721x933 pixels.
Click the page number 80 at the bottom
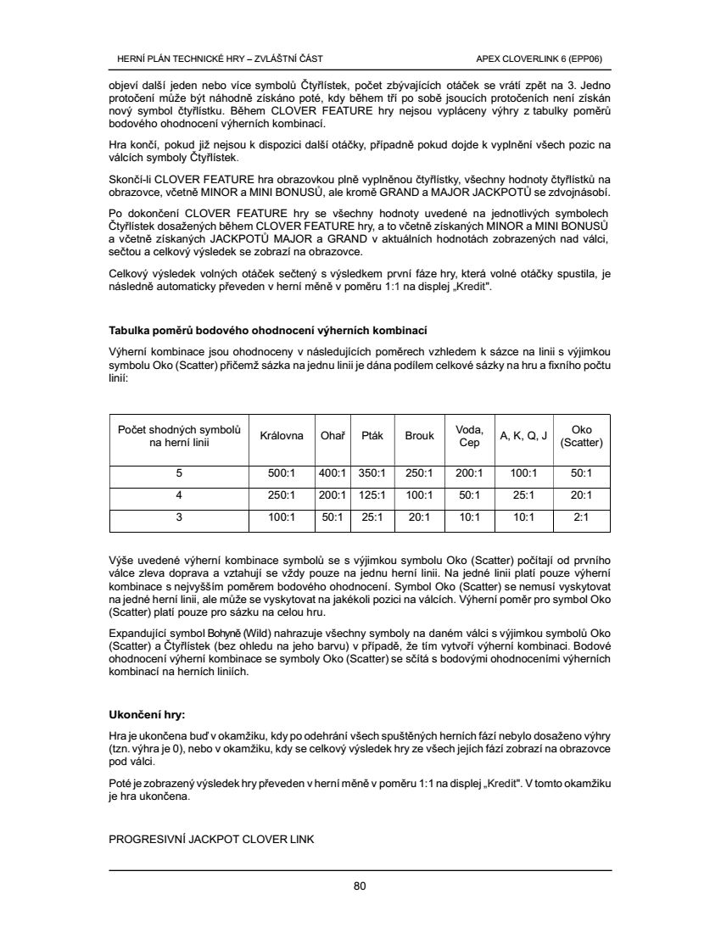click(x=360, y=887)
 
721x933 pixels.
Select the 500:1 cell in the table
click(x=281, y=473)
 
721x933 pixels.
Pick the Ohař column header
click(x=332, y=436)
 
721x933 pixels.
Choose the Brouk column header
click(x=419, y=436)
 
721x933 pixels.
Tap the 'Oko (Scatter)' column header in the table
click(x=582, y=436)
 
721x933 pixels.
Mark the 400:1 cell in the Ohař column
click(x=332, y=473)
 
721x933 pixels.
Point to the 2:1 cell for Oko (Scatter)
click(x=582, y=516)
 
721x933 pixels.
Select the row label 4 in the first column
click(x=179, y=494)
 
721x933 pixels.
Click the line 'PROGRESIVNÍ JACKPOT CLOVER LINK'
click(x=211, y=840)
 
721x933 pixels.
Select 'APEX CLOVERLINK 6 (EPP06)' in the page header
click(x=539, y=59)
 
